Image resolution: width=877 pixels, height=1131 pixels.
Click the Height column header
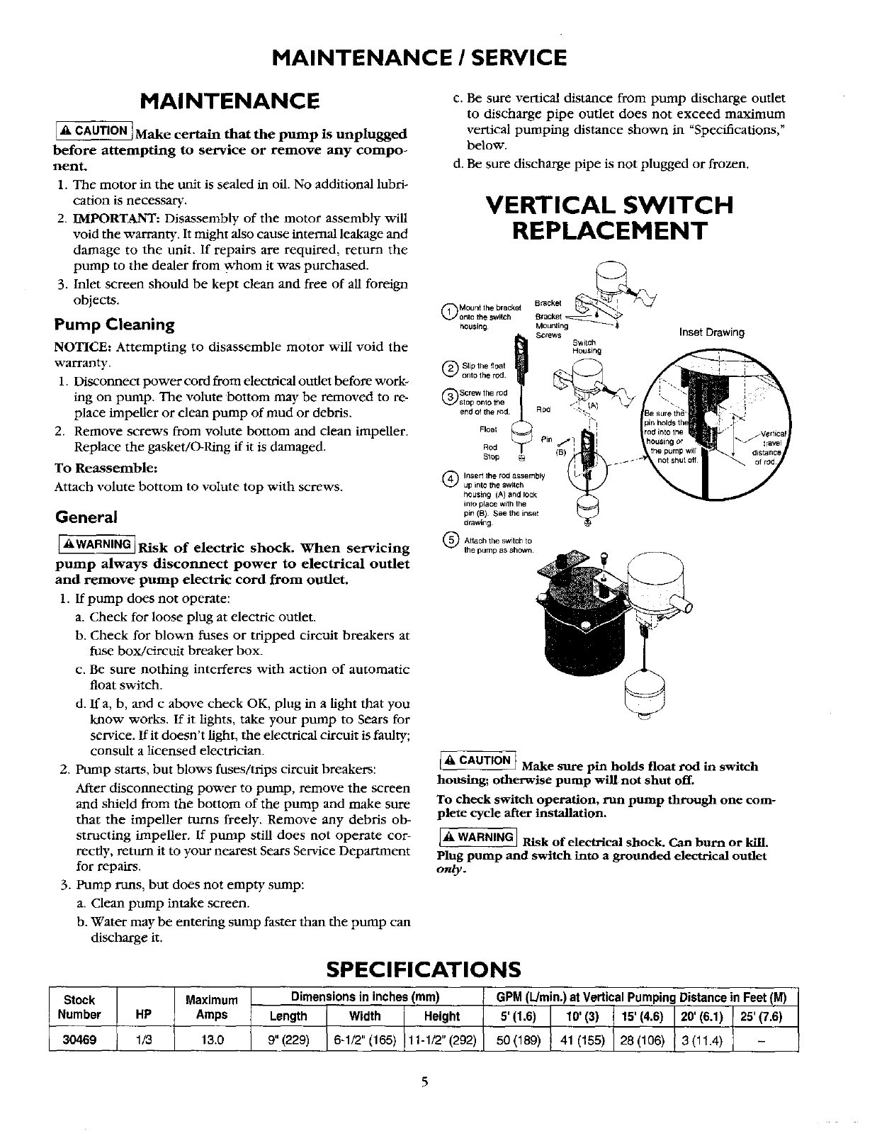441,1016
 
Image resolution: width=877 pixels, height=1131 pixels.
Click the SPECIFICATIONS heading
424,969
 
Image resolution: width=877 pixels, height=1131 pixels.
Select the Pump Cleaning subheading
115,325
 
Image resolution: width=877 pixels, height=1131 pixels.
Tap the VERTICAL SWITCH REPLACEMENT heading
609,218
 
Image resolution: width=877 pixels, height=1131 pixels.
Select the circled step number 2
448,367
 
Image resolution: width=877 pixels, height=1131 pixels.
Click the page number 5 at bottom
425,1081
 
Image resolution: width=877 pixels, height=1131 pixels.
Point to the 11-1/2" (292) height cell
442,1040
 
